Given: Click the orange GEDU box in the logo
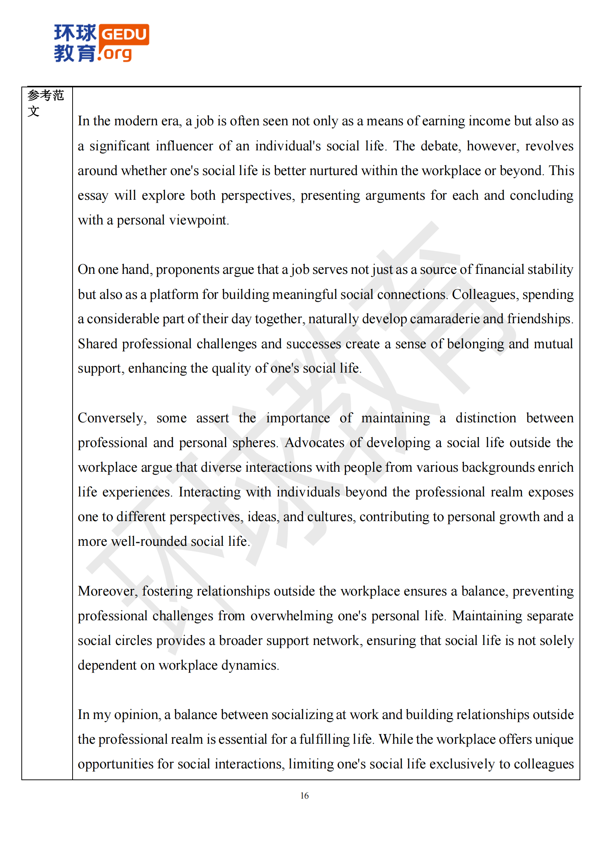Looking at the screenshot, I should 124,35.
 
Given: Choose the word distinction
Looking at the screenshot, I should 486,418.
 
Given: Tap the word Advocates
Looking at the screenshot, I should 314,443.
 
